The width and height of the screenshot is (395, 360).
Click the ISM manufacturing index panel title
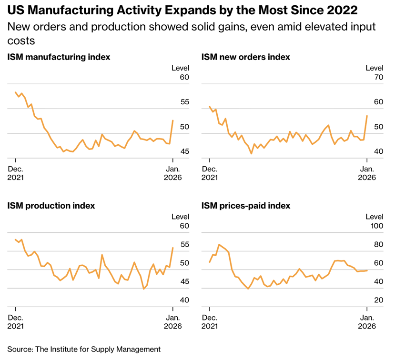tap(59, 57)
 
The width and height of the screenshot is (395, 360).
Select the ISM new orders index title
tap(245, 57)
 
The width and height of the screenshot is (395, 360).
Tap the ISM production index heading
tap(51, 206)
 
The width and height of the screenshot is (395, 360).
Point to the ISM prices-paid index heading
tap(246, 206)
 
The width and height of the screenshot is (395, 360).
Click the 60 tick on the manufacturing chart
tap(184, 78)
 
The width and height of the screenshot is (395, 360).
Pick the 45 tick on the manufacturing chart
tap(184, 152)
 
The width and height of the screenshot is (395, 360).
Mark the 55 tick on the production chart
tap(184, 245)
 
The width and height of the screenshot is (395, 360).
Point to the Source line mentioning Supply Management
tap(84, 349)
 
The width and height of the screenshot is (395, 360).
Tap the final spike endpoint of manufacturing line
tap(172, 120)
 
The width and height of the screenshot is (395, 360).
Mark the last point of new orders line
tap(366, 116)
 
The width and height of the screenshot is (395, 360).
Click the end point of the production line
tap(172, 248)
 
